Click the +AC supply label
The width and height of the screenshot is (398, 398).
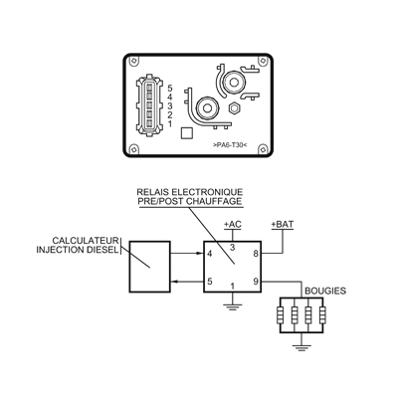233,225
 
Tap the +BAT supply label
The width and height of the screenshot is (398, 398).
283,225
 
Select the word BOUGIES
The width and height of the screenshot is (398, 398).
325,292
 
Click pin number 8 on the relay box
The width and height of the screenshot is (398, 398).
256,254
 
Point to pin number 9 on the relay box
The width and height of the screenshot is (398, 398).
256,282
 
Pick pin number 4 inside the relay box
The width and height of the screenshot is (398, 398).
209,254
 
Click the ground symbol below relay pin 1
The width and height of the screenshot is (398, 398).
233,306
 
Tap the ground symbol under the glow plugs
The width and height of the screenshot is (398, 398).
301,348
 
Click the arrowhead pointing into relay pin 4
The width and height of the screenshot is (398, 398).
200,254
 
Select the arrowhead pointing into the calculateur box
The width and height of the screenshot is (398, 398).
174,282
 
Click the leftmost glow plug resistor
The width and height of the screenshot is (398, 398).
281,315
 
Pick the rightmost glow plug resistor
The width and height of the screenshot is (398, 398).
322,315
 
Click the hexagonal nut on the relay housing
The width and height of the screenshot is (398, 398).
235,107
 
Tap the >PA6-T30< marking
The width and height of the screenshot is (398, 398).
230,145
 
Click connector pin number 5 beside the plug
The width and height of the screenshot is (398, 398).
170,89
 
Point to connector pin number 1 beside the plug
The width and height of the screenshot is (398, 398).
170,124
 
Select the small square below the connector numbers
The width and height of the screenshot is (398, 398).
186,133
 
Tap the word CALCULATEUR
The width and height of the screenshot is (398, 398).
86,241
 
